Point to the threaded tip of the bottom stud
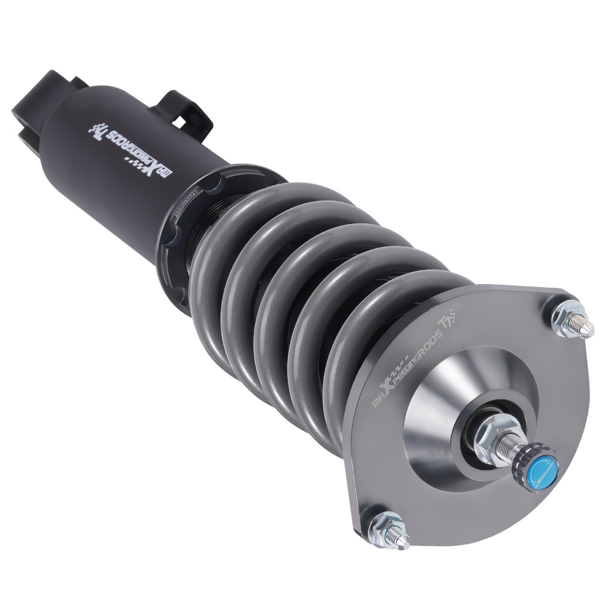coord(401,539)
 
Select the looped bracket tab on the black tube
coord(184,111)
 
